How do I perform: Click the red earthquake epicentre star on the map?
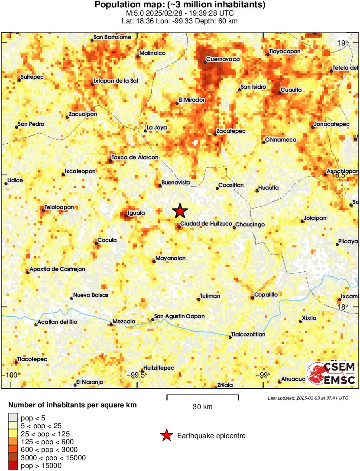tap(180, 211)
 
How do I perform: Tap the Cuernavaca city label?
tap(223, 59)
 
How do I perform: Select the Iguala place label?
tap(136, 213)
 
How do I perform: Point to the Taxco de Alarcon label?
tap(135, 157)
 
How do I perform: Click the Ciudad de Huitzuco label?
tap(204, 223)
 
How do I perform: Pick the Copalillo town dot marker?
tap(253, 298)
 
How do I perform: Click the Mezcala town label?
tap(124, 321)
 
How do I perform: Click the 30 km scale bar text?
tap(202, 406)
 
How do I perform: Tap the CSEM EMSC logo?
tap(331, 374)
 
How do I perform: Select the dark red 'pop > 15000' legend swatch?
tap(13, 466)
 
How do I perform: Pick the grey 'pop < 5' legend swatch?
tap(13, 418)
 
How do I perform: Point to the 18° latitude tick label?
tap(342, 307)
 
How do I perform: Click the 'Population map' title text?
tap(180, 5)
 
